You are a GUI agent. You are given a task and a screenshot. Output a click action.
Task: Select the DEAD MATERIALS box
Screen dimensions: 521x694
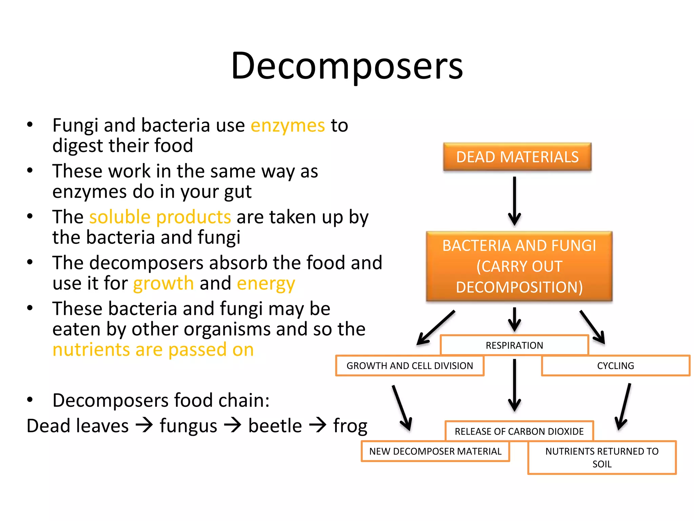click(x=517, y=157)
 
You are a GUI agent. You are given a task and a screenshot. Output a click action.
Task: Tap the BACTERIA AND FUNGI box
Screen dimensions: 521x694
click(x=519, y=266)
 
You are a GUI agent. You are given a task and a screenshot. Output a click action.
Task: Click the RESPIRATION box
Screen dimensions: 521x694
click(x=514, y=345)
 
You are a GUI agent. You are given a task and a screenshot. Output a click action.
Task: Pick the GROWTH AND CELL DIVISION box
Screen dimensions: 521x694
click(x=409, y=366)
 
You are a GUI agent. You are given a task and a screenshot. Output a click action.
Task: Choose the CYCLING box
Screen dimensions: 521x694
click(x=615, y=366)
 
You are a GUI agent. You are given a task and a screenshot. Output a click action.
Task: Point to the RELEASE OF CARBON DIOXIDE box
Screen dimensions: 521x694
click(x=519, y=431)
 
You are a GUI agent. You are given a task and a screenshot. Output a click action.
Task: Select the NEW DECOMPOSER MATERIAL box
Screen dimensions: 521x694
click(x=435, y=451)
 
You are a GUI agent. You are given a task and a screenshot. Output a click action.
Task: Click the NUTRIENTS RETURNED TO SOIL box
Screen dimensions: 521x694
click(x=602, y=457)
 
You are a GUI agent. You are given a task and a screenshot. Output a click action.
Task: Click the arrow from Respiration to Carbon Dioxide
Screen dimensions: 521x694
click(x=514, y=385)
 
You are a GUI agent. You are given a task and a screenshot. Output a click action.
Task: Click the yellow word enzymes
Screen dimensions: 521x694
click(x=288, y=126)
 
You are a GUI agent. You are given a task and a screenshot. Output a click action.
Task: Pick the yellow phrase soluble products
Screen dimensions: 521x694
click(x=160, y=217)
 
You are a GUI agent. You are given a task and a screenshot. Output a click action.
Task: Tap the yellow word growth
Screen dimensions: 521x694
click(x=163, y=283)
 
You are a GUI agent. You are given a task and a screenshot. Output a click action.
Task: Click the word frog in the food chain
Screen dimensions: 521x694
click(x=350, y=426)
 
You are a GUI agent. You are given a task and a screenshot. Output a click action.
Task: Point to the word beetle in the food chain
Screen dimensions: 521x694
click(x=275, y=426)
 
